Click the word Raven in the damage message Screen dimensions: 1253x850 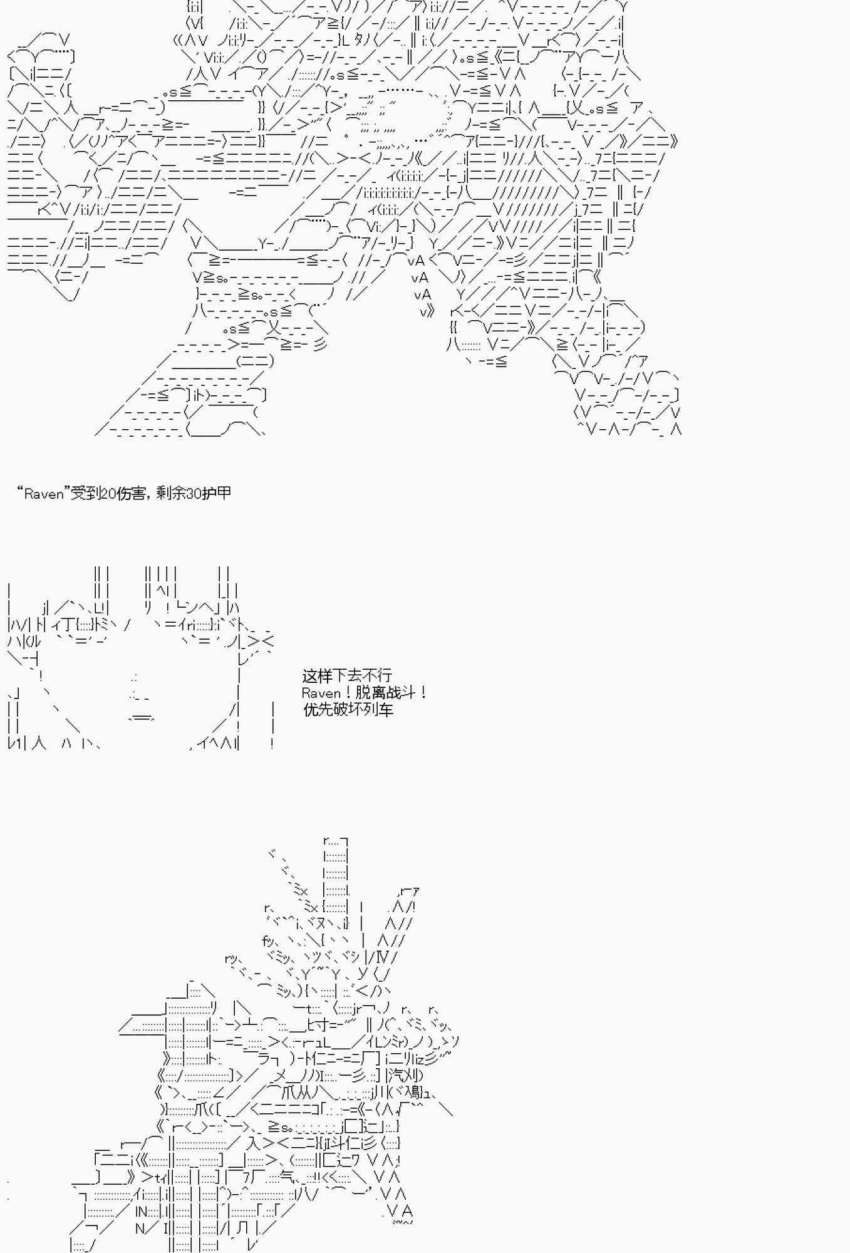[x=44, y=494]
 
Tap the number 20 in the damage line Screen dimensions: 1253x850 [x=108, y=494]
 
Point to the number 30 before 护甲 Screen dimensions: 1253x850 [x=194, y=494]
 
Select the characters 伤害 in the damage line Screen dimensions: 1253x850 [x=130, y=494]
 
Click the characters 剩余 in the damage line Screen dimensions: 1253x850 [x=170, y=494]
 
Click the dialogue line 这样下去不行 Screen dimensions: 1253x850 [x=347, y=675]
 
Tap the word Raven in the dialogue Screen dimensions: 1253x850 [x=321, y=693]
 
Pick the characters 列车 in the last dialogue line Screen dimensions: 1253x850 [x=378, y=710]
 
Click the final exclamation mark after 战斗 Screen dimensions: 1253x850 [x=424, y=693]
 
